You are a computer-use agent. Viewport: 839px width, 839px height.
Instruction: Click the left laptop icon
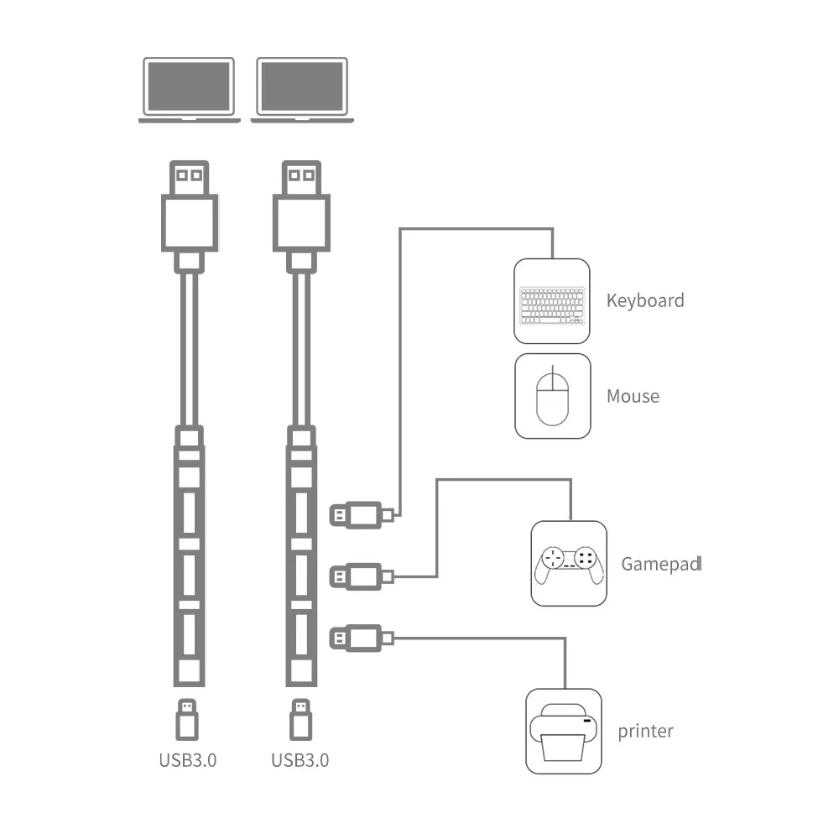pyautogui.click(x=189, y=89)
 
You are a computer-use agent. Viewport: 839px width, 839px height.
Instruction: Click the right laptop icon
pyautogui.click(x=301, y=89)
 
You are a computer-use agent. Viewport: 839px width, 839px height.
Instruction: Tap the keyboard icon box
pyautogui.click(x=552, y=301)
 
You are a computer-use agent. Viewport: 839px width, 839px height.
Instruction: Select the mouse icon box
pyautogui.click(x=552, y=396)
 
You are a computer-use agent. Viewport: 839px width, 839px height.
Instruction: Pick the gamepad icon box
pyautogui.click(x=569, y=563)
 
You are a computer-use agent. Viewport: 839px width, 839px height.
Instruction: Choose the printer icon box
pyautogui.click(x=564, y=731)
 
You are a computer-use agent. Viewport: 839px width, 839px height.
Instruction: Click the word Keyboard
pyautogui.click(x=645, y=300)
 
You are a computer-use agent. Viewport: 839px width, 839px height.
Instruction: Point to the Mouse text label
pyautogui.click(x=633, y=396)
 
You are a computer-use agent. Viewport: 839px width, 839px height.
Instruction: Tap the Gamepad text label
pyautogui.click(x=660, y=564)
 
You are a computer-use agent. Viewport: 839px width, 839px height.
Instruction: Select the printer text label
pyautogui.click(x=645, y=731)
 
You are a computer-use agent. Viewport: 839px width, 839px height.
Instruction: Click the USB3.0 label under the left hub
pyautogui.click(x=188, y=761)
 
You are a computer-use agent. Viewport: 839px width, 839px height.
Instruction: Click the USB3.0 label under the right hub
pyautogui.click(x=300, y=761)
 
